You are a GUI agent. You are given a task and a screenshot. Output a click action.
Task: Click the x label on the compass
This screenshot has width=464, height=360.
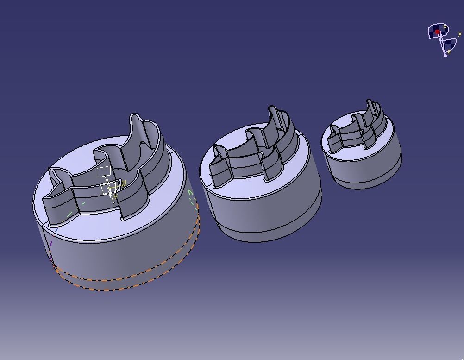tap(445, 27)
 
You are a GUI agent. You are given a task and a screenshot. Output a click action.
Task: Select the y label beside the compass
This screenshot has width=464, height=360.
tap(459, 34)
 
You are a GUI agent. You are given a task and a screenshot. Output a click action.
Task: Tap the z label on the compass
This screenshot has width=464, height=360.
tap(449, 51)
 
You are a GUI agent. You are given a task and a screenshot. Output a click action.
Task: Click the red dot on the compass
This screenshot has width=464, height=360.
tap(437, 32)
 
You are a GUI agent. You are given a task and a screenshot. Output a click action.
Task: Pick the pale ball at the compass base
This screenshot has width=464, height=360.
tap(445, 56)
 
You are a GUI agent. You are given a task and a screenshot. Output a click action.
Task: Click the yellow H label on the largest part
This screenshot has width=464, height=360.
tap(124, 183)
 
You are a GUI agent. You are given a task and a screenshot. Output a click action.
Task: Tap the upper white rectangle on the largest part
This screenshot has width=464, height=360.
tap(104, 172)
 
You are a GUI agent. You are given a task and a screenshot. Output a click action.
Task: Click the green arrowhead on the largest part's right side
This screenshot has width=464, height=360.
tap(190, 193)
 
